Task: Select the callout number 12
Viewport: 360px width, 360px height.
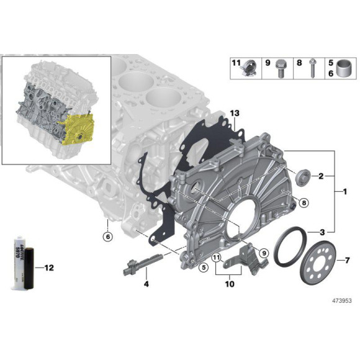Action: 50,268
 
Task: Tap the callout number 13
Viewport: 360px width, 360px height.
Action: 233,114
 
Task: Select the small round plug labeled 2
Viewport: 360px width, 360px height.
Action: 304,175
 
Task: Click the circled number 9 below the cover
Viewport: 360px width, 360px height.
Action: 263,253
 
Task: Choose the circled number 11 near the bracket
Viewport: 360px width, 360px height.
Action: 216,258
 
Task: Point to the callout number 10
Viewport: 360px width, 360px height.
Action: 230,286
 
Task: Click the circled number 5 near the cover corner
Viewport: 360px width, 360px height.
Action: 202,268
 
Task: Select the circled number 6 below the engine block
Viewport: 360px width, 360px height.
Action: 107,236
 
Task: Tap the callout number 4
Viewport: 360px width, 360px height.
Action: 146,284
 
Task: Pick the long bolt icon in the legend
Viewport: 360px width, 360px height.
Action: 311,69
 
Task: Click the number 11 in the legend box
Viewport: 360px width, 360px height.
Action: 236,63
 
